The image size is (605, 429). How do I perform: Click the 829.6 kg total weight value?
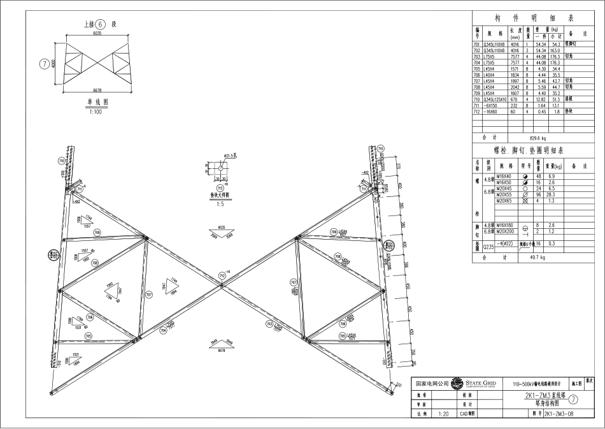(x=539, y=137)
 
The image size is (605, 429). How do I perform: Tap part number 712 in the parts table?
(x=477, y=112)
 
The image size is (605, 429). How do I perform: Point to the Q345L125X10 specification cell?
(x=495, y=99)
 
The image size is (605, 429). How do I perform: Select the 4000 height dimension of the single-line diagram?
(x=54, y=64)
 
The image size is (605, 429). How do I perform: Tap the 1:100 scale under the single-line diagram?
(x=97, y=112)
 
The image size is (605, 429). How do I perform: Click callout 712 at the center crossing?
(x=222, y=275)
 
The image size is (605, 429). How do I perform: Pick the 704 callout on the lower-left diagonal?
(x=163, y=331)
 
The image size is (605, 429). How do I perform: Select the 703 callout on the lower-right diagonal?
(x=269, y=324)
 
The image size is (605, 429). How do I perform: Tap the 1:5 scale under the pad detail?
(x=220, y=204)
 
